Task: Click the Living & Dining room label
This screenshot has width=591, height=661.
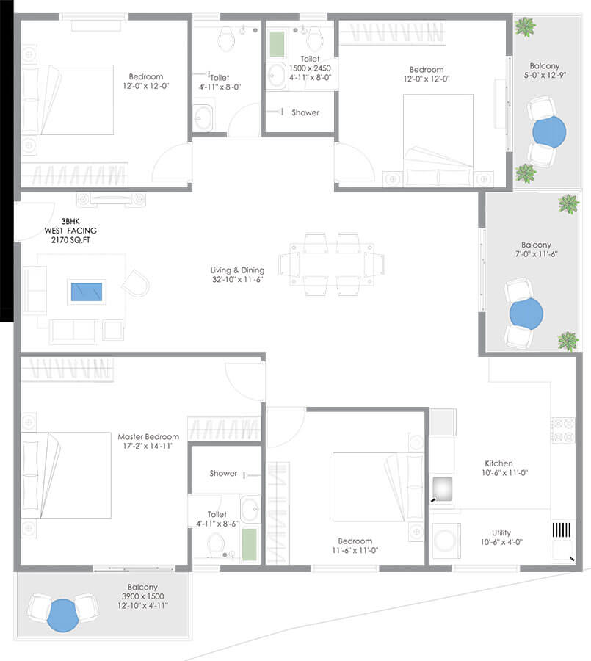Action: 236,270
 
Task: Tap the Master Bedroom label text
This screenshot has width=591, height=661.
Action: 148,436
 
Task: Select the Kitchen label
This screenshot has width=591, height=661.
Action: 498,463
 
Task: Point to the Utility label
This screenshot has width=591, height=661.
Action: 501,533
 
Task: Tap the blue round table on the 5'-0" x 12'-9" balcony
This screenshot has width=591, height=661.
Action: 548,132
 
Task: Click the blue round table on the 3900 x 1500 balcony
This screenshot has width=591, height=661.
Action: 63,615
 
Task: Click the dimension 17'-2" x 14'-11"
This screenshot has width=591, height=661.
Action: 148,446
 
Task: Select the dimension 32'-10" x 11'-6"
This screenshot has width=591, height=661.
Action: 236,280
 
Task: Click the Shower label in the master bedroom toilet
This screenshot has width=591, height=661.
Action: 223,474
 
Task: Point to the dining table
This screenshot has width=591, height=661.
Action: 331,264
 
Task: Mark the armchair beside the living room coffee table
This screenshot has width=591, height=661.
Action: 135,281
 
